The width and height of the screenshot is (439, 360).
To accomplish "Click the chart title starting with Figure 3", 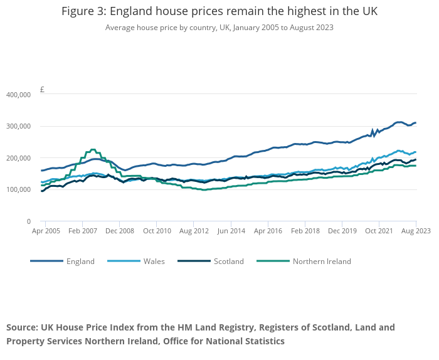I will pyautogui.click(x=219, y=11).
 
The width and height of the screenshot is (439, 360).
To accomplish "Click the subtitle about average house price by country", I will pyautogui.click(x=219, y=28).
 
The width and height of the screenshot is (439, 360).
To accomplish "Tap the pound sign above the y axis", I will pyautogui.click(x=42, y=89).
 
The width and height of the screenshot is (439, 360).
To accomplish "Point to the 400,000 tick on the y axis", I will pyautogui.click(x=18, y=95).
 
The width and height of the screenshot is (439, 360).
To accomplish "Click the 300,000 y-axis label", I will pyautogui.click(x=18, y=127).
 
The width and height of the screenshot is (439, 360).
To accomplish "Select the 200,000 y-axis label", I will pyautogui.click(x=18, y=158).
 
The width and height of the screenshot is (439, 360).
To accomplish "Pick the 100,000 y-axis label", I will pyautogui.click(x=18, y=190).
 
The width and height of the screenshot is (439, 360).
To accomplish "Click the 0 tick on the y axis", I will pyautogui.click(x=28, y=221).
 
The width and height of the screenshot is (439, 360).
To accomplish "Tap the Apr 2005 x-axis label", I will pyautogui.click(x=46, y=231).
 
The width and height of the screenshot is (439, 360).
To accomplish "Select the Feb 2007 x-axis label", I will pyautogui.click(x=83, y=231).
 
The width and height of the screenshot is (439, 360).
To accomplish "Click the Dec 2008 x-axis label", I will pyautogui.click(x=120, y=231).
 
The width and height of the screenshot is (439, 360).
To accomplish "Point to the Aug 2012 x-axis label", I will pyautogui.click(x=194, y=231).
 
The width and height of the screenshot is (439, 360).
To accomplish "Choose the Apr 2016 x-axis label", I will pyautogui.click(x=268, y=231).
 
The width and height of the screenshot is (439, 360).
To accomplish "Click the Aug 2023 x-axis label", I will pyautogui.click(x=416, y=231).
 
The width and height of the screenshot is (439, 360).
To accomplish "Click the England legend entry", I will pyautogui.click(x=80, y=262).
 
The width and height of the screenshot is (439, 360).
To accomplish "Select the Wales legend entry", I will pyautogui.click(x=154, y=262).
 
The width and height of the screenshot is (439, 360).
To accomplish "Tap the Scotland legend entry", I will pyautogui.click(x=228, y=262).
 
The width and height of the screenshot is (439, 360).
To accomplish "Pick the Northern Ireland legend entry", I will pyautogui.click(x=322, y=262).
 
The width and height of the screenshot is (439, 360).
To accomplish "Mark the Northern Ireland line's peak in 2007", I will pyautogui.click(x=93, y=150).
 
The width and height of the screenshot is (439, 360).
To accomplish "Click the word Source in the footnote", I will pyautogui.click(x=22, y=327).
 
